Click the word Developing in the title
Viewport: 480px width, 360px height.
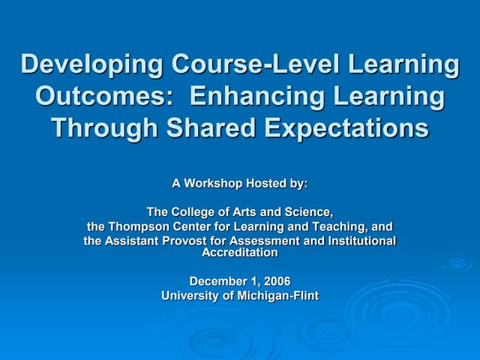(x=91, y=65)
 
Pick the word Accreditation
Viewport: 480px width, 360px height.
(x=240, y=253)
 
